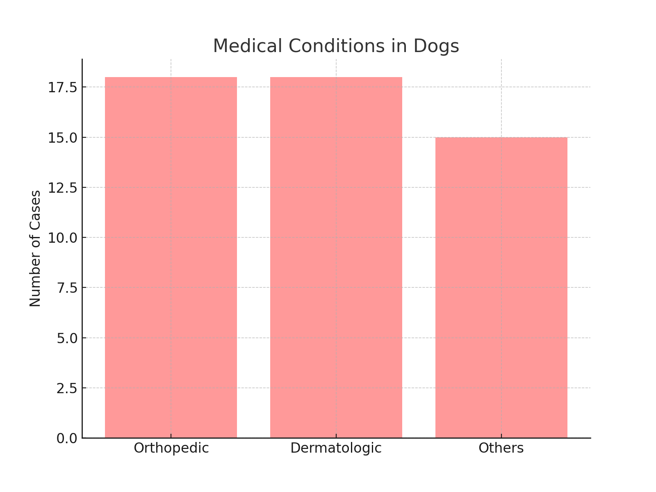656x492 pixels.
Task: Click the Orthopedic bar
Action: coord(171,257)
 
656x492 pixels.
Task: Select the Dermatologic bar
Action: coord(336,257)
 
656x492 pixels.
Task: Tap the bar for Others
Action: coord(501,287)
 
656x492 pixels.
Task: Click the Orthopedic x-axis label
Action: coord(171,448)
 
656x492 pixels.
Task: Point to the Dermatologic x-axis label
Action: coord(336,448)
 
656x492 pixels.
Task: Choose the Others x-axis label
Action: coord(501,448)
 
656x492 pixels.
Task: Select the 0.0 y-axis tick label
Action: coord(67,438)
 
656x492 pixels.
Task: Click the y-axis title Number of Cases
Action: coord(35,248)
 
